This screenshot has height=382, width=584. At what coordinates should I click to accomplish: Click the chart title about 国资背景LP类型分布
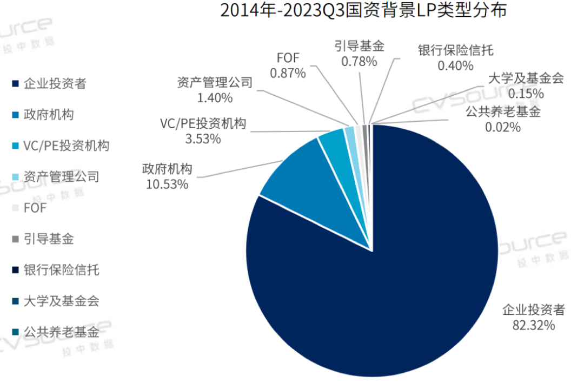(363, 11)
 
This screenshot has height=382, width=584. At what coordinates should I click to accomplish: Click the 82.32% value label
(533, 325)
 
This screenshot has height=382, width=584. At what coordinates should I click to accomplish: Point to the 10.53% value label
(167, 185)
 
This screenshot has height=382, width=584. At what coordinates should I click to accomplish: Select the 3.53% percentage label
(202, 139)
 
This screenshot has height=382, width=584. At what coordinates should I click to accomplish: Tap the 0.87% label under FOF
(288, 73)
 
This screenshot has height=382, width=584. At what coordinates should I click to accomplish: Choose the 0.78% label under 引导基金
(359, 61)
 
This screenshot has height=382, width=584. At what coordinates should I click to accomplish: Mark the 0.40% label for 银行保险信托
(455, 65)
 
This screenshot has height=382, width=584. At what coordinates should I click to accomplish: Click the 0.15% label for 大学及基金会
(525, 93)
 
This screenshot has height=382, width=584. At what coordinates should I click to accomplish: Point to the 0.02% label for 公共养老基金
(502, 127)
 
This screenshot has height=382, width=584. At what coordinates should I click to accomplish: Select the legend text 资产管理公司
(61, 177)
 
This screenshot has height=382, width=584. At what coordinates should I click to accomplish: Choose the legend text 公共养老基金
(61, 332)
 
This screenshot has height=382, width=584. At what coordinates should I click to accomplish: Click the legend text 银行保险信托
(61, 269)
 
